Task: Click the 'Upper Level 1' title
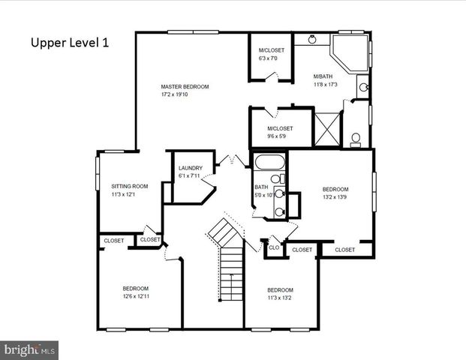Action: (70, 43)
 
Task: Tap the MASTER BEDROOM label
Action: (185, 87)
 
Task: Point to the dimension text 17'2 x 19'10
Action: (185, 94)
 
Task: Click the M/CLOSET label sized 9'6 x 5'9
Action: (280, 128)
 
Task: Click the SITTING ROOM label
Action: (129, 186)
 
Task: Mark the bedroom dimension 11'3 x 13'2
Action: (280, 298)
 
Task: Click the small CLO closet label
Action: (274, 247)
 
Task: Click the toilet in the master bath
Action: (356, 139)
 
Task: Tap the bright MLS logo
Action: (30, 349)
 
